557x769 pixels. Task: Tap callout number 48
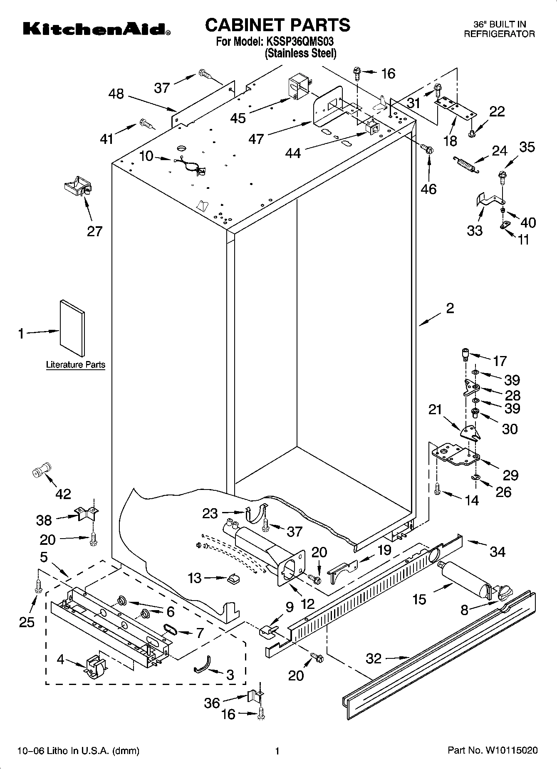coord(116,94)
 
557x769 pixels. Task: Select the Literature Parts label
coord(75,365)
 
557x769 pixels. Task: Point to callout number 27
coord(94,231)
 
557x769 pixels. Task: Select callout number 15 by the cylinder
coord(420,599)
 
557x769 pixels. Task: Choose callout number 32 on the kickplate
coord(374,658)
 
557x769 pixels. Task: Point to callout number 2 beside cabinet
coord(450,308)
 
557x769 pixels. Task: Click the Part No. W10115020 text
coord(492,750)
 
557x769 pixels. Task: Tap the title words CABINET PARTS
coord(277,25)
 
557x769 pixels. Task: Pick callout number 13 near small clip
coord(195,578)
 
